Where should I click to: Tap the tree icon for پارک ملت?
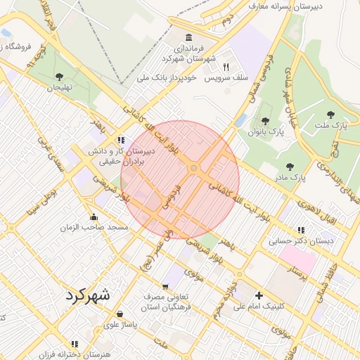tap(330, 113)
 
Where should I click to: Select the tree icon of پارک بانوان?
tap(266, 122)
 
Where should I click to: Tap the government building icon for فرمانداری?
tap(188, 37)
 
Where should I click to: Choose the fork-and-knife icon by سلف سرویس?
tap(226, 67)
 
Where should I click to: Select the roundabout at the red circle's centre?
tap(193, 168)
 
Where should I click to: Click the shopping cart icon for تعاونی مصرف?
tap(165, 286)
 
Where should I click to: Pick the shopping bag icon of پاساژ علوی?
tap(120, 314)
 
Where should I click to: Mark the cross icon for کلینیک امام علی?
tap(259, 295)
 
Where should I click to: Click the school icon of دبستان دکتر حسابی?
tap(301, 230)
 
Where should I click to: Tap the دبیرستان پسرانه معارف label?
tap(285, 6)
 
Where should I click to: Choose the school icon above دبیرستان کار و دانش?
tap(122, 139)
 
